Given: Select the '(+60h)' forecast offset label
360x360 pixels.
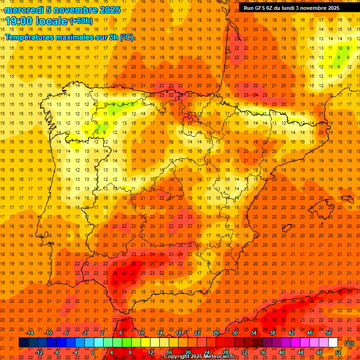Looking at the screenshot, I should pos(81,21).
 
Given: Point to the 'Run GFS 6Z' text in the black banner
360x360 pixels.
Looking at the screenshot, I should pos(260,8).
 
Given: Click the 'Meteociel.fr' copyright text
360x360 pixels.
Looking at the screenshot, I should pos(219,357).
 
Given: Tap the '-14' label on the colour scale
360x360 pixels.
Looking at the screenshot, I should pos(30,333).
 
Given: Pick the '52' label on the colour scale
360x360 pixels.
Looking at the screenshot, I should pos(338,352).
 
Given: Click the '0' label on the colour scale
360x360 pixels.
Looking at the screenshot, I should pos(93,352).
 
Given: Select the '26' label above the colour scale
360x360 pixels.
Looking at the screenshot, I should pos(216,333).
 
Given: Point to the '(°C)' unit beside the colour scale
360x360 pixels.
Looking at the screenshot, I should pos(349,343).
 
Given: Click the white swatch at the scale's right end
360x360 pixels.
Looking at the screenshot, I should pos(333,343).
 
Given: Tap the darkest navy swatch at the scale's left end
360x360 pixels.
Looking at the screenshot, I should pos(23,343).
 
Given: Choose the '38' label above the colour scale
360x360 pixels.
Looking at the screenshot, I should pos(272,333).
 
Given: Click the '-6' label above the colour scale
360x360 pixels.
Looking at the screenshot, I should pos(66,333).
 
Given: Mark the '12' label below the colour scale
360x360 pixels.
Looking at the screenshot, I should pos(150,352).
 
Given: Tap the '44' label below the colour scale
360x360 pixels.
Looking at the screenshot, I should pos(300,352).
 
